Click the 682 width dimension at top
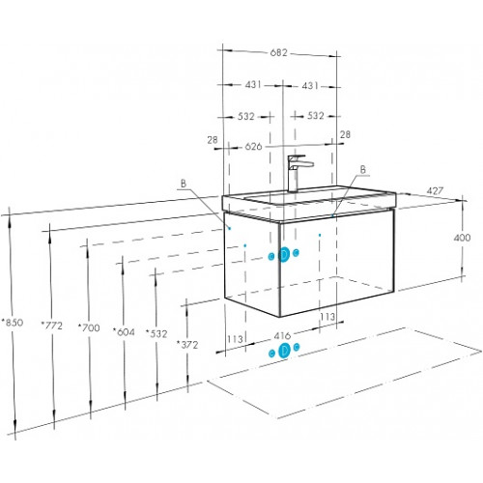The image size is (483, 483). pos(278,52)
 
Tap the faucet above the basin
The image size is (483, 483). pos(298,173)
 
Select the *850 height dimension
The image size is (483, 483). pos(13,322)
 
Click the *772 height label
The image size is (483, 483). pos(52,326)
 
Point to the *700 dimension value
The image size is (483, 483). pos(89,327)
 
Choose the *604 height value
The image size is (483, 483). pos(124,331)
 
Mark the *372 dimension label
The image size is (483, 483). pos(187,345)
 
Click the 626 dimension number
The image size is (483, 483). pos(254,147)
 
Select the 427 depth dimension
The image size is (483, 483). pos(435,191)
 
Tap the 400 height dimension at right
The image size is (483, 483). pos(462,238)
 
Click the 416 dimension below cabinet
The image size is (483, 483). pos(282,336)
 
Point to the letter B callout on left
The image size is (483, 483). pos(184,184)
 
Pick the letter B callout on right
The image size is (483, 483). pos(363,169)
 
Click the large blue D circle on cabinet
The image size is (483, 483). pos(284,255)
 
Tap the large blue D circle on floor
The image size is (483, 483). pos(284,351)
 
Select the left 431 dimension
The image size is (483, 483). pos(253,85)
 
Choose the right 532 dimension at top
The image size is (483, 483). pos(315,116)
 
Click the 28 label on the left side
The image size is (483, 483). pos(213,140)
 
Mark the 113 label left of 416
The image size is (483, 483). pos(235,339)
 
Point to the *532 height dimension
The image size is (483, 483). pos(156,333)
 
